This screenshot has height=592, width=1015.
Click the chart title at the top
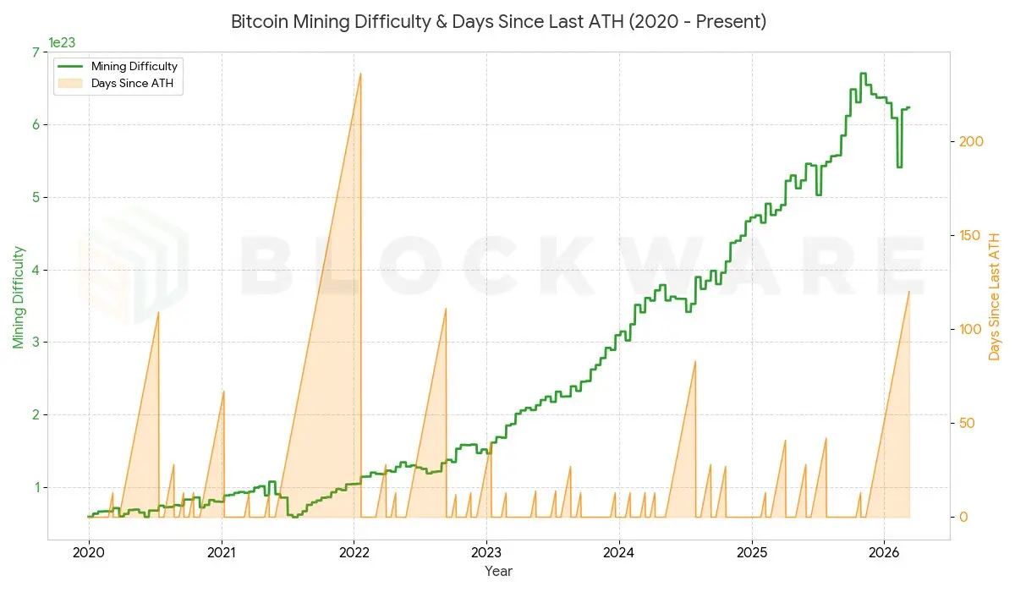pos(499,22)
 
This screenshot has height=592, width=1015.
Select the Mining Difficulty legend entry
pos(134,66)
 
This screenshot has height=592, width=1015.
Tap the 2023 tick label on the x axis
pos(486,551)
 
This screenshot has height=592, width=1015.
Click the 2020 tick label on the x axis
pos(89,551)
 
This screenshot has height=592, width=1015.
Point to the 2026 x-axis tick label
pos(884,551)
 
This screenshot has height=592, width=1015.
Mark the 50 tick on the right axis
pos(965,423)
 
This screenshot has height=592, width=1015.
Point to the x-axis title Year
pos(498,571)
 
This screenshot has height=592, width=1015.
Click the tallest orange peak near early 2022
pos(360,74)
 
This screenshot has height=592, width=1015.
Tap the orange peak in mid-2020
pos(158,313)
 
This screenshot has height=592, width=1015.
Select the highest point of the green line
pos(863,74)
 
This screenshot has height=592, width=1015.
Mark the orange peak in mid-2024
pos(694,361)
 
